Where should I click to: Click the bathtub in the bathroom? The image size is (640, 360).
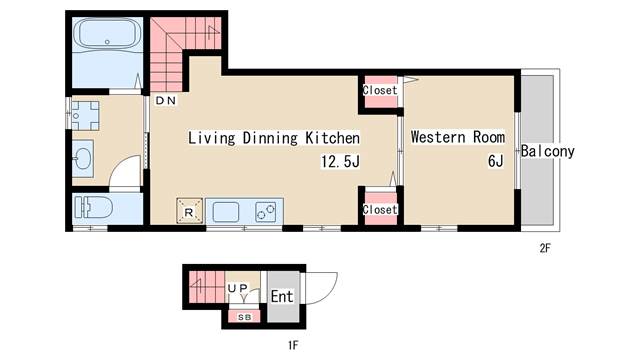pos(108,34)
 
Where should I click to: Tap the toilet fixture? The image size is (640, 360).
pos(93,207)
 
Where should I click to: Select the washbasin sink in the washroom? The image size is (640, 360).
pos(83,158)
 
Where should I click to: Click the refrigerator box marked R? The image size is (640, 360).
pos(189,211)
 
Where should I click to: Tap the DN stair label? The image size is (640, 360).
pos(166,100)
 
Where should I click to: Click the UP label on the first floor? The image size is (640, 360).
pos(238,289)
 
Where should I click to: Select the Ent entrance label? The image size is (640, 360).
pos(282,296)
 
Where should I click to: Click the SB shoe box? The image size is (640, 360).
pos(244,317)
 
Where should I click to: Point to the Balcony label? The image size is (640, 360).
pos(548,151)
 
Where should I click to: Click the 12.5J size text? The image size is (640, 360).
pos(340,162)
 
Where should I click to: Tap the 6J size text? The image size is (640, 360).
pos(496,161)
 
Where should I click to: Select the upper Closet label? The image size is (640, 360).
pos(380,90)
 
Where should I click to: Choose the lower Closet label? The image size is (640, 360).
pos(380,209)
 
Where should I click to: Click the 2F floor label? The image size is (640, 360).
pos(545,248)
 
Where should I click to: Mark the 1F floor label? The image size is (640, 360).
pos(293,345)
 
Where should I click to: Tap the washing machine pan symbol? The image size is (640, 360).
pos(85,116)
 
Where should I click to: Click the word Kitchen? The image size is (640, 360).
pos(333,138)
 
